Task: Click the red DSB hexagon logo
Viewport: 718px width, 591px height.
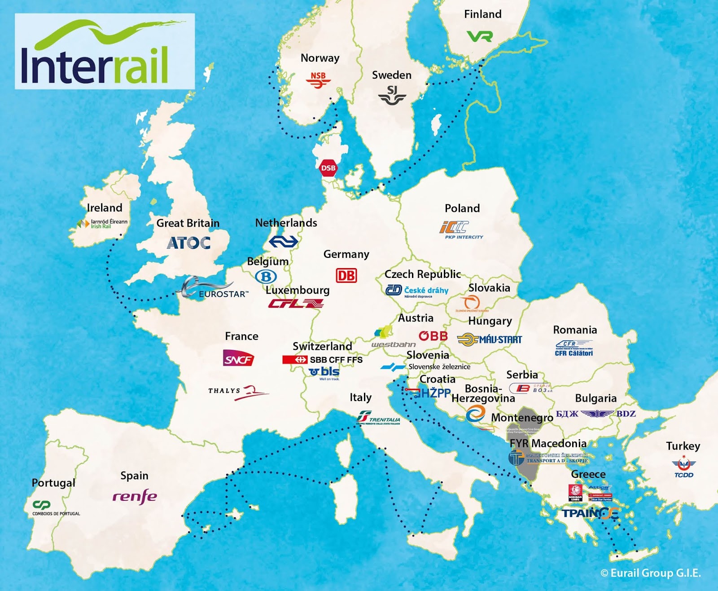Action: tap(328, 168)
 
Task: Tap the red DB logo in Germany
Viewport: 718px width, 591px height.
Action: tap(346, 275)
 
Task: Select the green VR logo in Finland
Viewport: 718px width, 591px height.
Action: tap(479, 36)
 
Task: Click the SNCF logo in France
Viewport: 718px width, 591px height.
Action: tap(238, 358)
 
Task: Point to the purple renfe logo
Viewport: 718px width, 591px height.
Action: tap(135, 496)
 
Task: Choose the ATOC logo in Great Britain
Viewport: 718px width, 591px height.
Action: tap(188, 243)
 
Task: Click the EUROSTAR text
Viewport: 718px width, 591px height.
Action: tap(223, 294)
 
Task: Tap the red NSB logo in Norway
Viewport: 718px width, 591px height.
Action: tap(318, 79)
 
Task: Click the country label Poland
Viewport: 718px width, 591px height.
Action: tap(462, 208)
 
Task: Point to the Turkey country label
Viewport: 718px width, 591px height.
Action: tap(683, 446)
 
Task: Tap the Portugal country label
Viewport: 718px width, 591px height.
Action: tap(53, 483)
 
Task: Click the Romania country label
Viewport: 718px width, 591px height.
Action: tap(575, 330)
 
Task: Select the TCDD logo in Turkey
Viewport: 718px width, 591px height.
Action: tap(683, 468)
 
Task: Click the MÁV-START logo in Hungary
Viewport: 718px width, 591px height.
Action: tap(490, 340)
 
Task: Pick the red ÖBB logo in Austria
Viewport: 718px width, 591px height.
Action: tap(433, 336)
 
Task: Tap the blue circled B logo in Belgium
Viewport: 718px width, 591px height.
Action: tap(266, 277)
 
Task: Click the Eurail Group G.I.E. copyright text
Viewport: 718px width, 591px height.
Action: tap(651, 573)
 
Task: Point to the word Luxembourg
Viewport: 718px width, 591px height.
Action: tap(298, 290)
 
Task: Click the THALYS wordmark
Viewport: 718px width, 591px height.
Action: tap(224, 391)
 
